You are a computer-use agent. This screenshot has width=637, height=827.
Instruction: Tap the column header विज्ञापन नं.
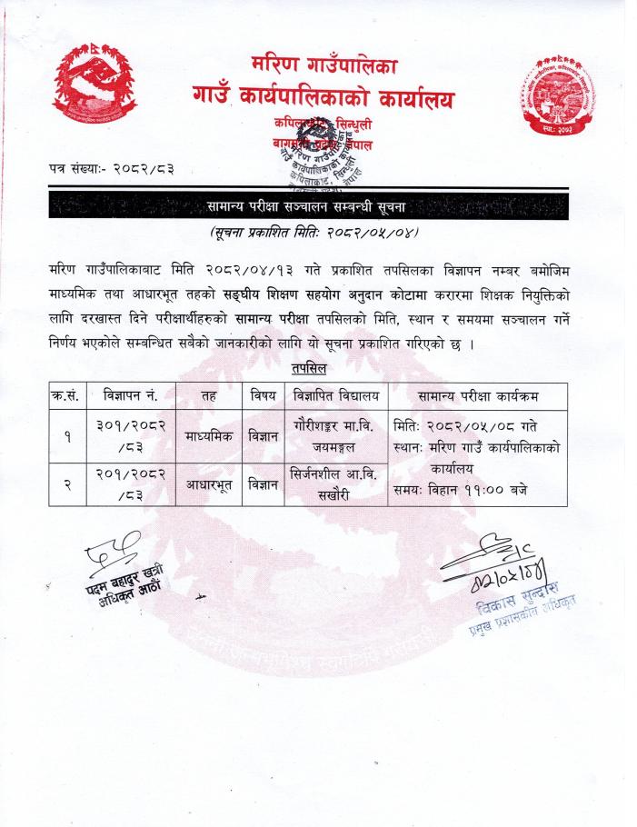132,396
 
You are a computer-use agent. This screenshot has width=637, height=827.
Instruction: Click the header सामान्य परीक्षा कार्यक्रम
478,396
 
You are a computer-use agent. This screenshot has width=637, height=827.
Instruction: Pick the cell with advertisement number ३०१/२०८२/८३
132,434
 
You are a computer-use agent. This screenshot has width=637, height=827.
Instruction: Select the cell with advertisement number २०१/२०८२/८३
132,483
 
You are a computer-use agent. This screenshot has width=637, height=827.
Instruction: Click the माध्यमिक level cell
209,435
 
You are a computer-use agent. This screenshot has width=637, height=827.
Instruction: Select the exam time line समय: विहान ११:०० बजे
461,490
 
